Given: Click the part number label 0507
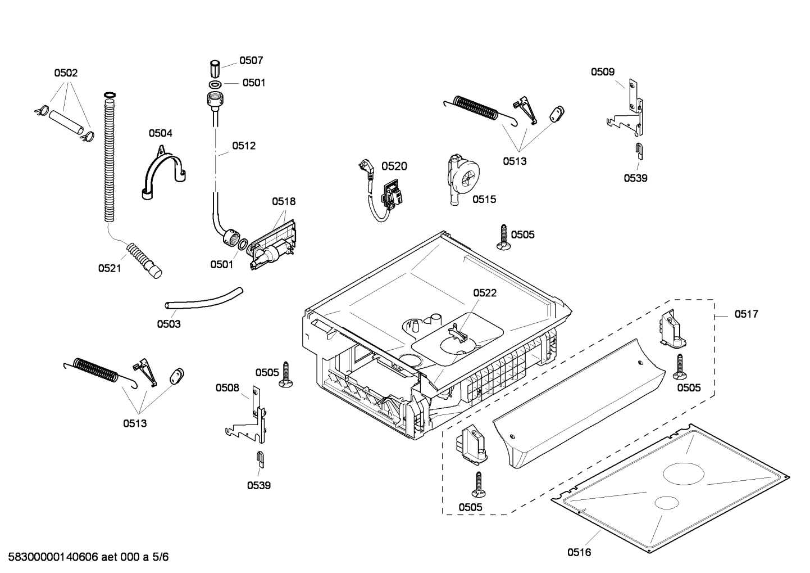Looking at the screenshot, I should pyautogui.click(x=251, y=61).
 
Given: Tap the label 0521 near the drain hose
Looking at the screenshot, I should pyautogui.click(x=110, y=268).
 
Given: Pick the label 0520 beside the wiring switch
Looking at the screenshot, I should pyautogui.click(x=394, y=166).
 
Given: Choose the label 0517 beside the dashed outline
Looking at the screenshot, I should pyautogui.click(x=746, y=314).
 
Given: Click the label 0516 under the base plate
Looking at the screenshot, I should pyautogui.click(x=579, y=552).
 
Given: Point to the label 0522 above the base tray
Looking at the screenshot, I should pyautogui.click(x=484, y=293).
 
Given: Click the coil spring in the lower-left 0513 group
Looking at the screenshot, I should pyautogui.click(x=98, y=372).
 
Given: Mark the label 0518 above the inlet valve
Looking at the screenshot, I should pyautogui.click(x=284, y=201).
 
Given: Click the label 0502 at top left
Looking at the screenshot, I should pyautogui.click(x=66, y=73).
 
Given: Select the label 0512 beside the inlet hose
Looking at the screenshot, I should pyautogui.click(x=244, y=146).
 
